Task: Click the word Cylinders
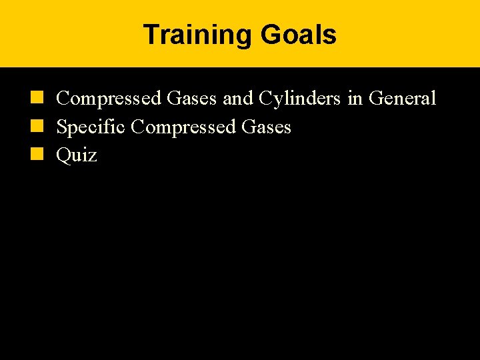(x=299, y=99)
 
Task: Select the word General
(x=402, y=99)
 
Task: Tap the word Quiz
(x=77, y=155)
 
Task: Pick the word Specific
(x=91, y=127)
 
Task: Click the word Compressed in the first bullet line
(x=109, y=99)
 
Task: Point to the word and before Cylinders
(x=237, y=99)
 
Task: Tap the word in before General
(x=355, y=99)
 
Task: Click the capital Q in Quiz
(x=63, y=155)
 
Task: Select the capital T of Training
(x=151, y=35)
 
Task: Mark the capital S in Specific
(x=61, y=127)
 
